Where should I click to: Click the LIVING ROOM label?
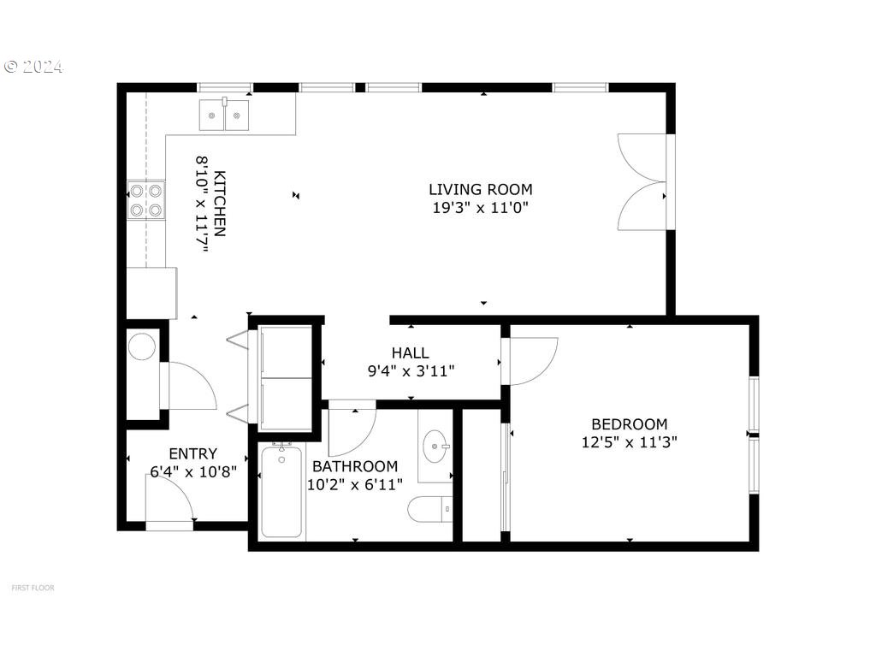tap(480, 189)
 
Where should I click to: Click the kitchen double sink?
tap(224, 115)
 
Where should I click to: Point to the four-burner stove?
tap(145, 200)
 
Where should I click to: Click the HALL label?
tap(410, 352)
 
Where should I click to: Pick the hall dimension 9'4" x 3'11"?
tap(410, 370)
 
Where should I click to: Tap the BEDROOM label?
tap(629, 423)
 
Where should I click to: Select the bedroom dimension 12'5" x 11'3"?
tap(629, 442)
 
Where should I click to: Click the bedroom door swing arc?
tap(532, 359)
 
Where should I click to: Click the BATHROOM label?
tap(354, 466)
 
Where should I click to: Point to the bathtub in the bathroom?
tap(281, 491)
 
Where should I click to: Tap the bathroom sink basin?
tap(435, 447)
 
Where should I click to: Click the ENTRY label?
tap(192, 453)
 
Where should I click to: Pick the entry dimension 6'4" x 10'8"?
tap(192, 471)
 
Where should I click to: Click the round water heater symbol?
tap(142, 346)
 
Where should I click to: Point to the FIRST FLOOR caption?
tap(33, 588)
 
